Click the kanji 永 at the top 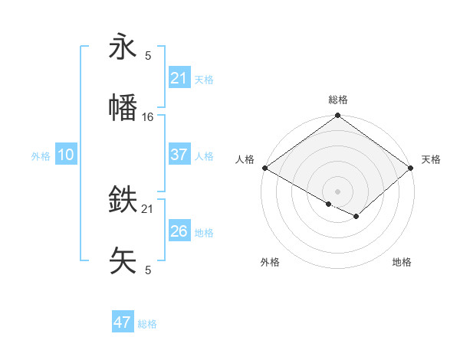click(123, 47)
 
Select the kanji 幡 click(123, 108)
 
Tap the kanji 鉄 click(123, 200)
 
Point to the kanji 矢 click(123, 260)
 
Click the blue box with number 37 click(179, 155)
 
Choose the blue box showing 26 click(179, 231)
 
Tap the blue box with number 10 click(66, 155)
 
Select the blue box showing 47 click(123, 322)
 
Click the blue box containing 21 click(179, 78)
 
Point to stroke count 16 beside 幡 click(148, 117)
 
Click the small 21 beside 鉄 click(148, 208)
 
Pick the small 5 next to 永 click(148, 56)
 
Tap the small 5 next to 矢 click(148, 270)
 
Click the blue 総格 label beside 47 click(147, 324)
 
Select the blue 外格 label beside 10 click(41, 156)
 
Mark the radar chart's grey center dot click(337, 191)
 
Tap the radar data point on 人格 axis click(264, 168)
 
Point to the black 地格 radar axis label click(402, 262)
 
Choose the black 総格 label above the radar click(337, 100)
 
